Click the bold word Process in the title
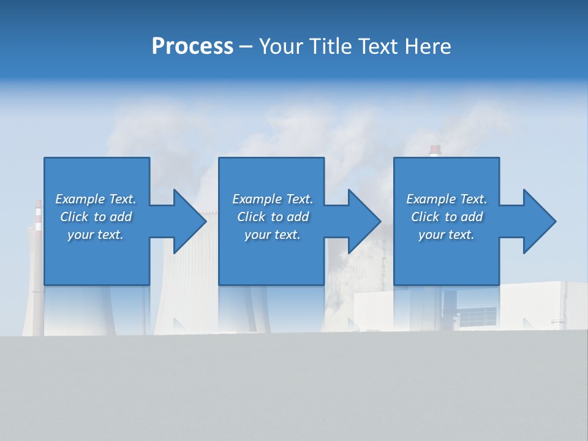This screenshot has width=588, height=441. (x=192, y=47)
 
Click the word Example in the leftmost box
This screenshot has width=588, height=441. (x=80, y=199)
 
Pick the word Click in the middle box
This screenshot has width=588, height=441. (x=252, y=217)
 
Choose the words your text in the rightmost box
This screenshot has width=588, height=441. (x=446, y=235)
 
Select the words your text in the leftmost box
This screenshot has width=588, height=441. (x=95, y=235)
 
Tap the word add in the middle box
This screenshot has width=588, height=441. (x=298, y=217)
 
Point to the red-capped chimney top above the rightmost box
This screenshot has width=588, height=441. (x=435, y=149)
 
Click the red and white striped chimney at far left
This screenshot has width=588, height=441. (x=39, y=217)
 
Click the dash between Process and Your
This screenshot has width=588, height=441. (x=246, y=47)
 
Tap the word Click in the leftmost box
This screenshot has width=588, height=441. (x=74, y=217)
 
